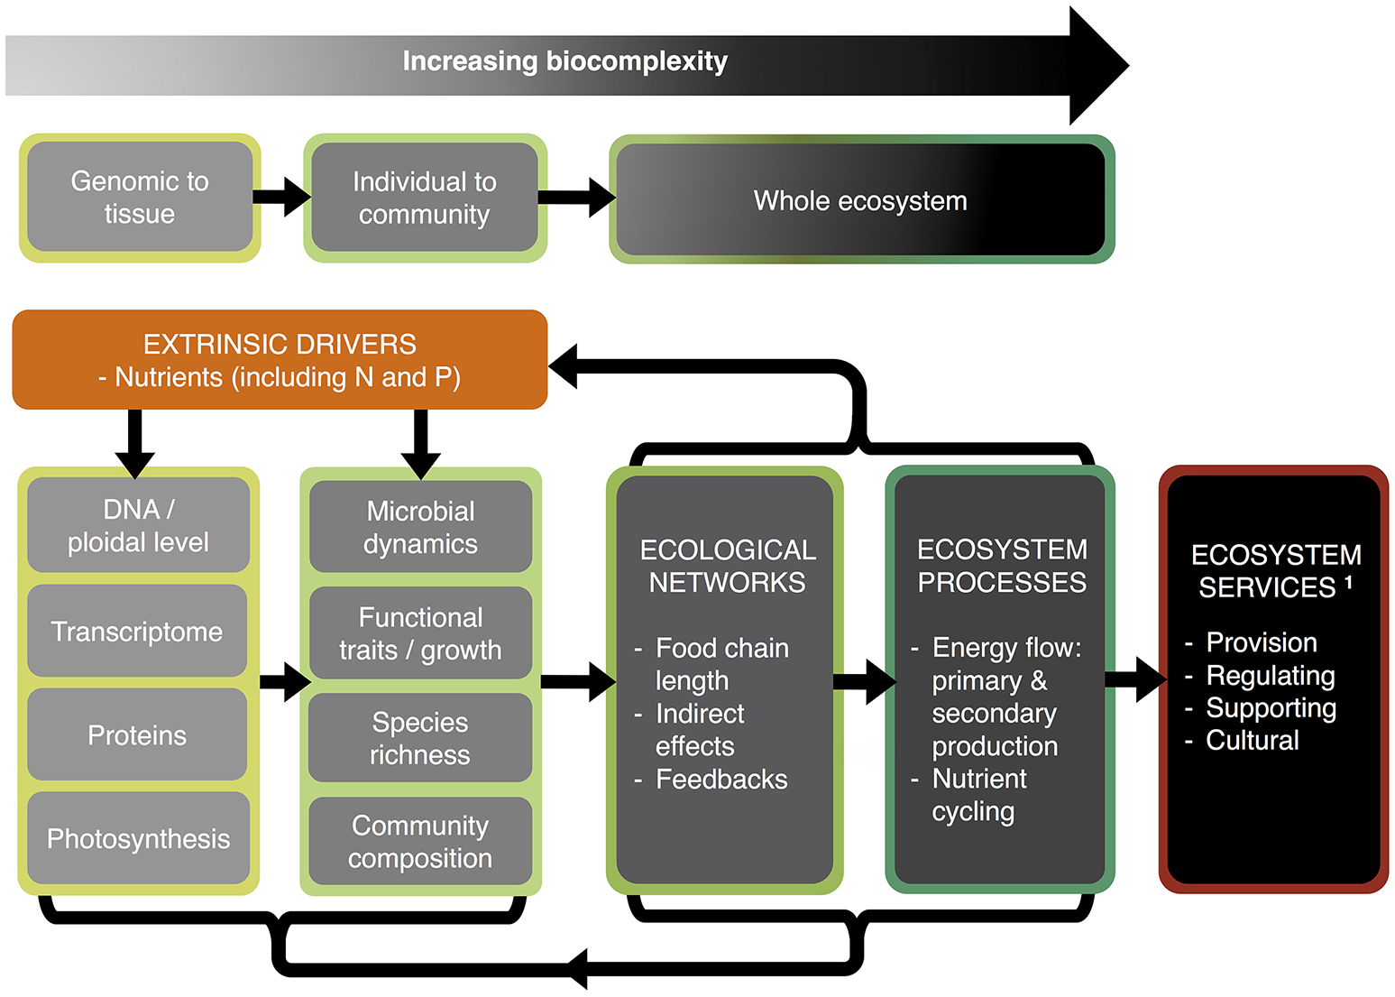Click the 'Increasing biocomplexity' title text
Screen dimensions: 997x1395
pos(564,61)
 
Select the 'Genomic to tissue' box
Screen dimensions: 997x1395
pos(140,198)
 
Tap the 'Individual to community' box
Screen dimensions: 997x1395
pos(424,198)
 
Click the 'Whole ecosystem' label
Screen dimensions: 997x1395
pos(860,200)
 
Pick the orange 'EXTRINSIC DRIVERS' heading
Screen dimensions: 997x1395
pos(280,345)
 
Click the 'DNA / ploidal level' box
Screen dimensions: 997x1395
pos(138,525)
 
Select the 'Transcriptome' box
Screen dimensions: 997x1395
pos(137,632)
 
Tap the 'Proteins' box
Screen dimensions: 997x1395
pos(137,735)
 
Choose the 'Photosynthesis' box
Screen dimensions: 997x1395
pos(138,839)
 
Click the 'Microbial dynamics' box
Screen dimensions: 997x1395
pos(420,527)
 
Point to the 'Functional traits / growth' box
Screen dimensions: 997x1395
pos(420,633)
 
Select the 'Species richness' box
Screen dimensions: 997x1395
pos(420,738)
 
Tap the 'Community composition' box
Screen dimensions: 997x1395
pos(420,841)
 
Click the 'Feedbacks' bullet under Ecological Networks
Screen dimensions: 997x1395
pos(721,780)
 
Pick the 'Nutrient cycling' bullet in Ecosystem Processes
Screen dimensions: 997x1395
pos(979,795)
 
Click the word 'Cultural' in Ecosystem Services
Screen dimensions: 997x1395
pos(1253,741)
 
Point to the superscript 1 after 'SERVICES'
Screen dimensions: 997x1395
pos(1348,583)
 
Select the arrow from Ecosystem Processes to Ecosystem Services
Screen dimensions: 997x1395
pos(1135,679)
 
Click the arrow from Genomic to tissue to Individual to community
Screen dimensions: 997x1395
pos(281,197)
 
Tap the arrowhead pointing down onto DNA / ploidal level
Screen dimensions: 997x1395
pos(135,461)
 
